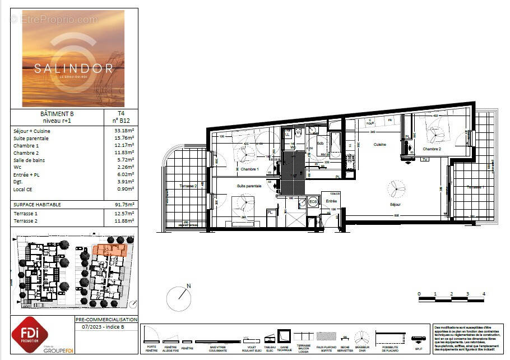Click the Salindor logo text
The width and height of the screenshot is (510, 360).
click(x=73, y=68)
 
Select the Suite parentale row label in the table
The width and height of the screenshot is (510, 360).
click(x=31, y=138)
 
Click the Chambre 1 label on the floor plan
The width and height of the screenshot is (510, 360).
click(x=249, y=169)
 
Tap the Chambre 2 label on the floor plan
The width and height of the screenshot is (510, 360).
click(x=432, y=149)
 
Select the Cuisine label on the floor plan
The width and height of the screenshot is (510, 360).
click(x=381, y=145)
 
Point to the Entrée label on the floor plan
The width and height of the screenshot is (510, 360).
click(x=331, y=200)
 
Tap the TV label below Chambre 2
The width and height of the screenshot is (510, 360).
click(x=425, y=159)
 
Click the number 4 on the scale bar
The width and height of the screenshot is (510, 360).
click(x=483, y=293)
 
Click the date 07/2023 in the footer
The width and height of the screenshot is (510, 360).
click(x=92, y=326)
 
